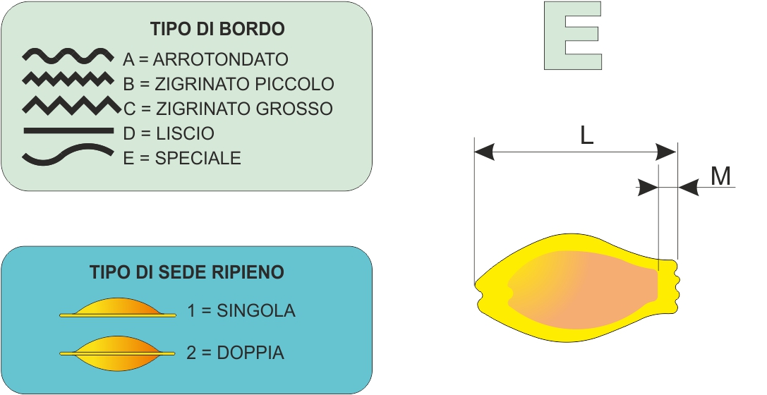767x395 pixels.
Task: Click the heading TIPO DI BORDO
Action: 217,30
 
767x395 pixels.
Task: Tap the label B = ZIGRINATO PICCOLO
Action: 228,84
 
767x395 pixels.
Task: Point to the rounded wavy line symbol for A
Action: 68,55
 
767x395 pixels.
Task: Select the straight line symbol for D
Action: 68,130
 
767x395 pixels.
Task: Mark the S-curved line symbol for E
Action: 68,154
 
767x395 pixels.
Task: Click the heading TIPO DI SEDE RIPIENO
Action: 187,272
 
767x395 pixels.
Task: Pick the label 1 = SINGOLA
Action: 241,310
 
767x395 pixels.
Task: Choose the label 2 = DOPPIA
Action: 236,353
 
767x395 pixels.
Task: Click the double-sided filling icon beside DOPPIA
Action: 118,352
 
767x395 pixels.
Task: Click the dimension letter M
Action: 720,176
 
